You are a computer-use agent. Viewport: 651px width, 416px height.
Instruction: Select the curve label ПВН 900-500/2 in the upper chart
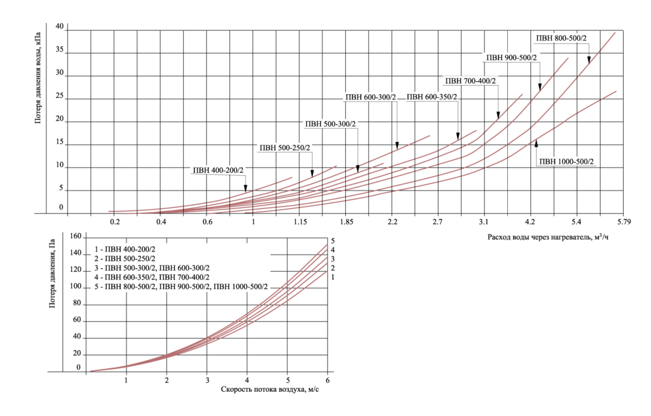pyautogui.click(x=512, y=58)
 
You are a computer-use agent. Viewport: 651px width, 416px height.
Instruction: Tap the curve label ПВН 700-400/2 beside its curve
pyautogui.click(x=470, y=81)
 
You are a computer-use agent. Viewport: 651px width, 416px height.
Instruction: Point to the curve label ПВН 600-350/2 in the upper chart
pyautogui.click(x=432, y=97)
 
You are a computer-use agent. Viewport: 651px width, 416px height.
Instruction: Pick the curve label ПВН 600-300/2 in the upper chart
pyautogui.click(x=370, y=97)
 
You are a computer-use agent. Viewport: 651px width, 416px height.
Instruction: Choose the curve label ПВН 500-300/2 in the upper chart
pyautogui.click(x=331, y=124)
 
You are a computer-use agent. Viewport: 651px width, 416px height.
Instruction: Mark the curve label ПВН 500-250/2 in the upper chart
pyautogui.click(x=285, y=148)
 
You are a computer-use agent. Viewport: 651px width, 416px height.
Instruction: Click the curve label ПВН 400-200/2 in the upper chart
pyautogui.click(x=218, y=170)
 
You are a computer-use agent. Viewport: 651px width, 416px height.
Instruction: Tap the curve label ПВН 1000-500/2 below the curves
pyautogui.click(x=567, y=161)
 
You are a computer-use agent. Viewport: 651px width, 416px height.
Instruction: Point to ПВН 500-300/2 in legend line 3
pyautogui.click(x=130, y=268)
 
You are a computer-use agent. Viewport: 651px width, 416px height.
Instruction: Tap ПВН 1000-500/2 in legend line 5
pyautogui.click(x=241, y=287)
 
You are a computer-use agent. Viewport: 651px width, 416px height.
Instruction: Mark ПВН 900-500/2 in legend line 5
pyautogui.click(x=185, y=287)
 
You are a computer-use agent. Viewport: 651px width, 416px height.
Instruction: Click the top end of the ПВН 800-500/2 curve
pyautogui.click(x=615, y=32)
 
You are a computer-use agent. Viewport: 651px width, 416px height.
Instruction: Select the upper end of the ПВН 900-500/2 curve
pyautogui.click(x=568, y=58)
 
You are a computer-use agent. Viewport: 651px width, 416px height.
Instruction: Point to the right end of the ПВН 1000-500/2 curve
pyautogui.click(x=617, y=91)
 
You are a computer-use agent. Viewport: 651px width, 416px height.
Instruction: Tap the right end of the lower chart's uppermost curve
pyautogui.click(x=327, y=245)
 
